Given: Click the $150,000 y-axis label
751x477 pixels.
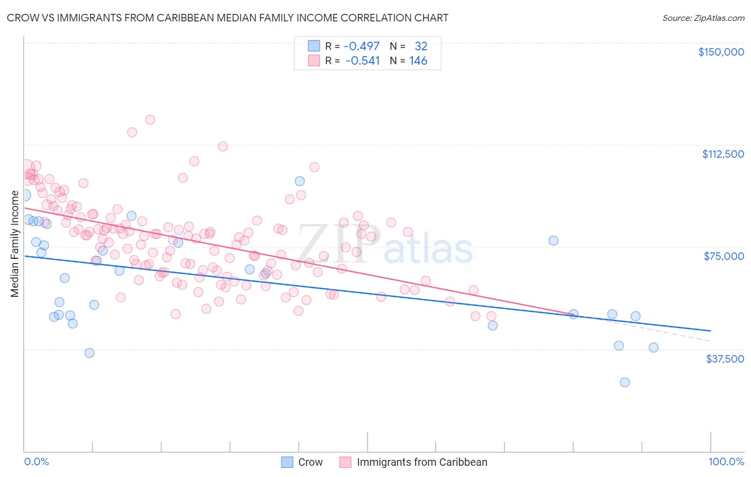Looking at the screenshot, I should point(721,52).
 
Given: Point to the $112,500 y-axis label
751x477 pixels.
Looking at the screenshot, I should point(723,154).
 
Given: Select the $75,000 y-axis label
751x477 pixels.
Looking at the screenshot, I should point(724,256).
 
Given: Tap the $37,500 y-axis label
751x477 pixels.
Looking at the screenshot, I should point(725,359).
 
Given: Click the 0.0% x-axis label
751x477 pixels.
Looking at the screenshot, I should point(36,462).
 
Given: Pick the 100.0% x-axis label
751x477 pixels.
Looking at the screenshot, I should point(726,462).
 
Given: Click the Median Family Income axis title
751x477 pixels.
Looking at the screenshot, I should point(15,244).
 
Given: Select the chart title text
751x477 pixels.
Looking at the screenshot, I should point(228,18).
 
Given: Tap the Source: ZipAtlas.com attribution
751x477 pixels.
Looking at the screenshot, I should point(703,18).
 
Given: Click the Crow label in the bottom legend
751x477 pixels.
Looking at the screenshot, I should point(310,462).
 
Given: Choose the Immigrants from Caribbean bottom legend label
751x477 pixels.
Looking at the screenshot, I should point(422,462).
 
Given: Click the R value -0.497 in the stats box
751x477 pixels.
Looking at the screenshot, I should point(362,46).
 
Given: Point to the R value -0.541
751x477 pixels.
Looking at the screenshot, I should point(363,61).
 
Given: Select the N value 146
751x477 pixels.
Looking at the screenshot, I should point(418,61).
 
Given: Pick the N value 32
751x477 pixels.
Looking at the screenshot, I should point(421,46).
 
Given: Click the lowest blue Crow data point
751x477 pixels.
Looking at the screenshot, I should point(624,382).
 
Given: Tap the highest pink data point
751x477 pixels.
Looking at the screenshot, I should point(150,120).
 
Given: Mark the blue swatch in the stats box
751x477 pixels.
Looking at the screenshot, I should point(314,46).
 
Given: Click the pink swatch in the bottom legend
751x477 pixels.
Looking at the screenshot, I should point(346,462).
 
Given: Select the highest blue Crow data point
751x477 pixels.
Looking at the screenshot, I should point(300,181).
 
